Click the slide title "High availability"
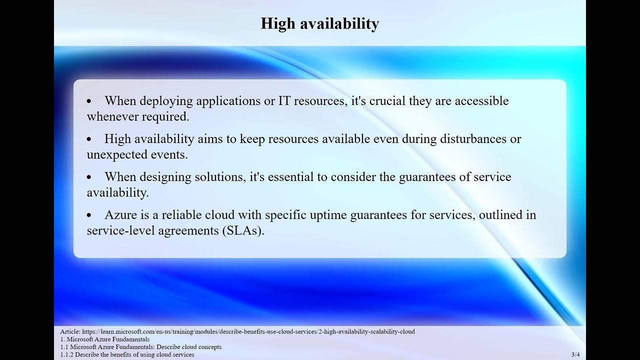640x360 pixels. coord(320,23)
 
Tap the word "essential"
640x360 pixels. coord(298,177)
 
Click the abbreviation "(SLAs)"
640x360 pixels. coord(242,230)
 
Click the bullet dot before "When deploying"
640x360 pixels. coord(89,101)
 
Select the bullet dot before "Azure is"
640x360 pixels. coord(89,215)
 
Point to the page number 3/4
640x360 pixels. coord(575,354)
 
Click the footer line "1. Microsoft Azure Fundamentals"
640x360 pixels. coord(104,339)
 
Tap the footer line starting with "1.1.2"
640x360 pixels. coord(127,354)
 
